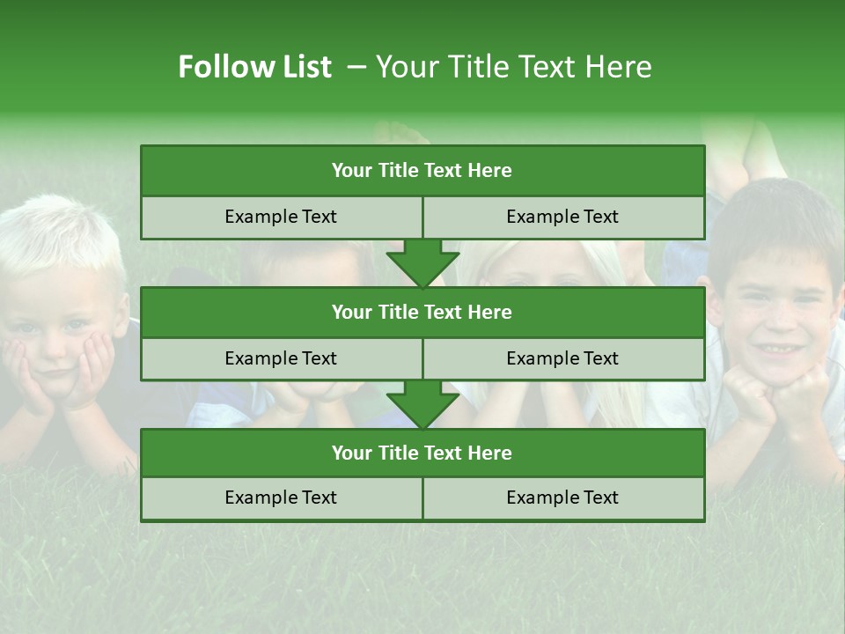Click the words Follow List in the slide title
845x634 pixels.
[254, 67]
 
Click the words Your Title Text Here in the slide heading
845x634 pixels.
[513, 67]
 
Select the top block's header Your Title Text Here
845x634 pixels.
[422, 171]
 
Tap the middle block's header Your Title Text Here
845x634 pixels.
[422, 312]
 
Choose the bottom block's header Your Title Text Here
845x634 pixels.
[422, 453]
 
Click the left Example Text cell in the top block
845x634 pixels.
[281, 217]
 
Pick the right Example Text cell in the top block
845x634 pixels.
[562, 217]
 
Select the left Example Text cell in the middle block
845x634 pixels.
[281, 358]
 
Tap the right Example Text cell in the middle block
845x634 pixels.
[562, 358]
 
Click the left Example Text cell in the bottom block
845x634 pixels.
[281, 498]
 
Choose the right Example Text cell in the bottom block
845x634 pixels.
[562, 498]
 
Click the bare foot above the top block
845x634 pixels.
[400, 134]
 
